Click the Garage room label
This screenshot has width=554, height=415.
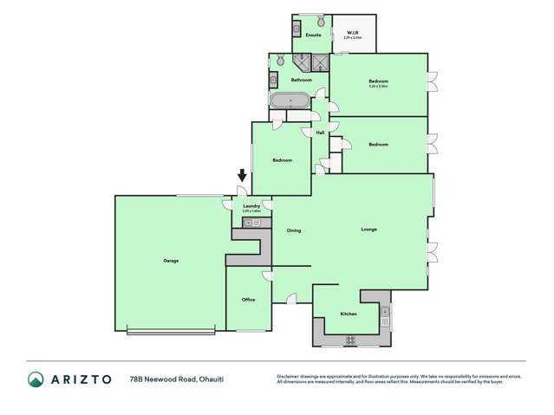170,260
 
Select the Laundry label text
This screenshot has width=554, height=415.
251,205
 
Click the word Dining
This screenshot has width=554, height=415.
293,230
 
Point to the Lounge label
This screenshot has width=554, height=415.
368,229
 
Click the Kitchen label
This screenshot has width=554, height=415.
349,314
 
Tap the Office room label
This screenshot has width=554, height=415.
248,300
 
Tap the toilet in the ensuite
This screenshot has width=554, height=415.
320,20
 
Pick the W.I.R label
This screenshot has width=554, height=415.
352,33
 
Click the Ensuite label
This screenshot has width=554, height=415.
314,35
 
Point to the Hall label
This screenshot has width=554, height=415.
320,133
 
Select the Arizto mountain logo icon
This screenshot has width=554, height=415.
36,379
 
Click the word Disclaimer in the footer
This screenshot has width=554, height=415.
289,376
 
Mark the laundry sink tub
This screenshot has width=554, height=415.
248,223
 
